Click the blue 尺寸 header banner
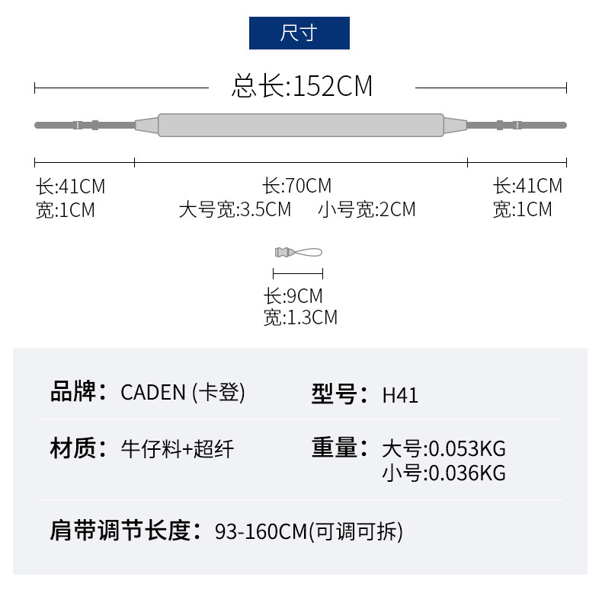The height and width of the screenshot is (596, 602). [299, 33]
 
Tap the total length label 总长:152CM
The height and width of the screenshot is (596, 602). [302, 87]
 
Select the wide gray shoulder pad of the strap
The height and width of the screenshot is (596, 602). [300, 125]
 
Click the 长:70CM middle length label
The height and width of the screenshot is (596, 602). [297, 186]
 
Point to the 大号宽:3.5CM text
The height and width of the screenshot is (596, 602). [235, 209]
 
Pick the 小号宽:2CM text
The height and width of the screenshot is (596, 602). [367, 209]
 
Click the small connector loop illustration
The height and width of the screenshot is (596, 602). [298, 252]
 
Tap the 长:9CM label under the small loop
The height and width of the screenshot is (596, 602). [293, 296]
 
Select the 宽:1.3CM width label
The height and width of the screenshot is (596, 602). [300, 317]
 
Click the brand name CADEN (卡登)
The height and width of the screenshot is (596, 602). [183, 393]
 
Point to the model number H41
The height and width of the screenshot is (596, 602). [400, 395]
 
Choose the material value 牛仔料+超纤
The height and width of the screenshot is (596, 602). [177, 449]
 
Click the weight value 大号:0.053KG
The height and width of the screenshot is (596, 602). [443, 448]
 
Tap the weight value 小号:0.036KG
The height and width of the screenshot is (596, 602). [443, 473]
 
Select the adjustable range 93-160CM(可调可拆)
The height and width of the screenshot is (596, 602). [309, 531]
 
